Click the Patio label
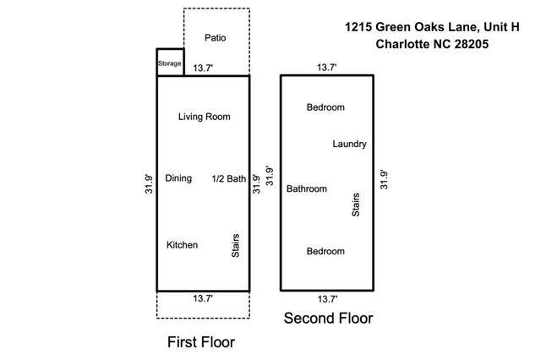tap(216, 38)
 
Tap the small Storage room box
tap(170, 63)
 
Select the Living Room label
tap(204, 117)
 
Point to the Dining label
tap(178, 178)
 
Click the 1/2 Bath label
tap(228, 178)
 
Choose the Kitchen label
tap(182, 245)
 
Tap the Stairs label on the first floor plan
tap(237, 247)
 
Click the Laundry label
tap(349, 144)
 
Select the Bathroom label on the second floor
tap(307, 188)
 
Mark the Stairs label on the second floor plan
tap(356, 205)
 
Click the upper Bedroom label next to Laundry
tap(325, 107)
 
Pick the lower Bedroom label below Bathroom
tap(325, 252)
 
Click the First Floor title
tap(200, 342)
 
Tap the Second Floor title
tap(328, 319)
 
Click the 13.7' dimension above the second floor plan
tap(327, 66)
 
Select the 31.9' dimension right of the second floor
tap(385, 180)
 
